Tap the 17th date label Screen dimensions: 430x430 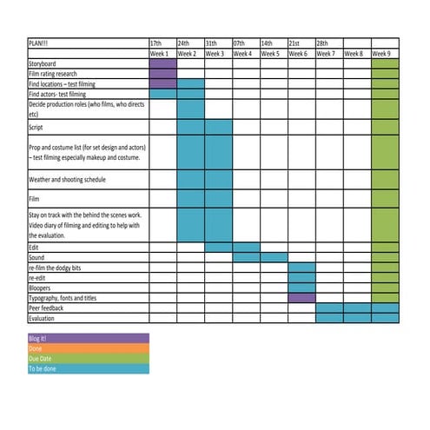[x=156, y=43]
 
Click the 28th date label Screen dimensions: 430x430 [x=322, y=43]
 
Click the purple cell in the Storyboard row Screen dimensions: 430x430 [x=163, y=63]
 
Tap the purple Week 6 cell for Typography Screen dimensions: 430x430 [x=301, y=298]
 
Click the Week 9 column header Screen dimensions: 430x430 [x=384, y=53]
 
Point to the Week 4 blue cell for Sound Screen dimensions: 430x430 [x=247, y=257]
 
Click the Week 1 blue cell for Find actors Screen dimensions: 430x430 [x=163, y=94]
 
